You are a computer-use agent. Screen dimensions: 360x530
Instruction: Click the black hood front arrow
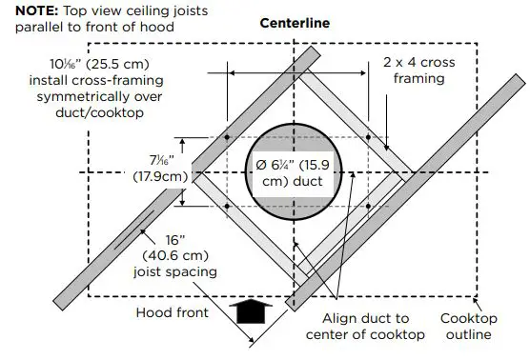pyautogui.click(x=252, y=311)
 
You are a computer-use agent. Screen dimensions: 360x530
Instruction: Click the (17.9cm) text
pyautogui.click(x=153, y=178)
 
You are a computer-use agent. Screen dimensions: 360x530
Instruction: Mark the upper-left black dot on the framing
pyautogui.click(x=228, y=138)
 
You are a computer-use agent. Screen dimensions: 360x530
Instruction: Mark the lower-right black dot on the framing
pyautogui.click(x=368, y=206)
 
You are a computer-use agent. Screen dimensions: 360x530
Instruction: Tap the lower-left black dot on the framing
pyautogui.click(x=228, y=206)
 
